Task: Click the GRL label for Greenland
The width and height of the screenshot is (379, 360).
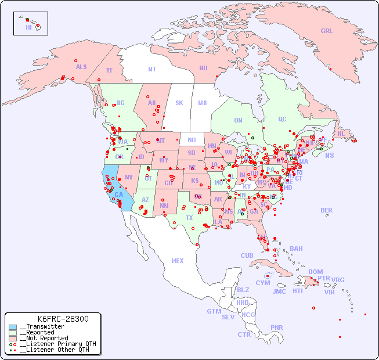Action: (327, 31)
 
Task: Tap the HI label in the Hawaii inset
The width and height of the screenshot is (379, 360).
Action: (28, 27)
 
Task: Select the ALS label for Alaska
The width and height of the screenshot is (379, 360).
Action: (81, 67)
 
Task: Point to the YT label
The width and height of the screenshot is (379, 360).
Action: (109, 70)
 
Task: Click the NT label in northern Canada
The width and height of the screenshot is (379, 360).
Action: (151, 69)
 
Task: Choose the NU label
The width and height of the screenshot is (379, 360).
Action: (203, 68)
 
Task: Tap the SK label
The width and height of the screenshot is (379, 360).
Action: (179, 103)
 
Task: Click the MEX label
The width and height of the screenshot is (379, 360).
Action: (178, 261)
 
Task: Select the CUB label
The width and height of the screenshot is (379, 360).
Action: (247, 255)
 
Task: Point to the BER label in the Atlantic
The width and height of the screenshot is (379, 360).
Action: (327, 211)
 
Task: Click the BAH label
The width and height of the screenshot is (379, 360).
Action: (296, 249)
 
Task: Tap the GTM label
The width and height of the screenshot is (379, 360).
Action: (214, 311)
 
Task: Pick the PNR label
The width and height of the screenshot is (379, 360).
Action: (277, 327)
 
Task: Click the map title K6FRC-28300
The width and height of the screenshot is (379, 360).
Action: (63, 319)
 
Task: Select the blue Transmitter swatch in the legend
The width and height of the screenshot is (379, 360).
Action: (13, 327)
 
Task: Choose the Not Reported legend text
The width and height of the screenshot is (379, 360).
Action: (44, 338)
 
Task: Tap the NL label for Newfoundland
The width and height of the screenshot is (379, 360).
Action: (341, 134)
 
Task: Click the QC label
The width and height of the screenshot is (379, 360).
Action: (282, 120)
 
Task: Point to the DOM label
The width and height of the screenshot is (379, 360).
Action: (315, 272)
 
